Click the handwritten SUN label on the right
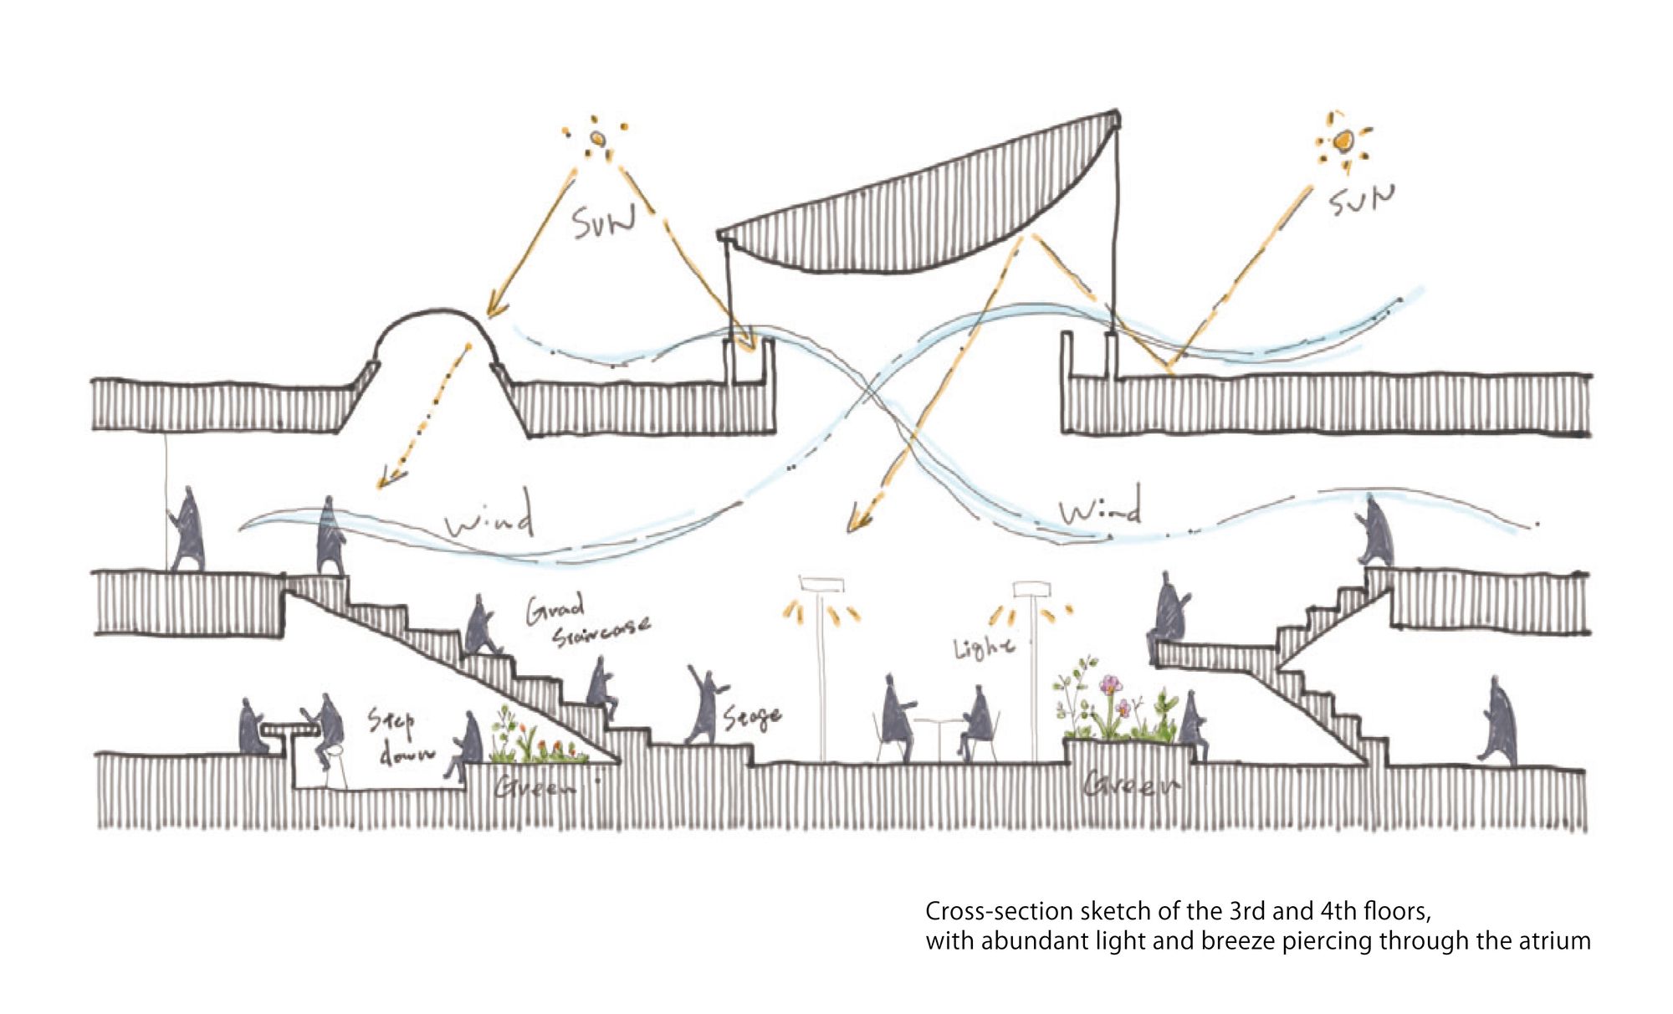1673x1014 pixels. tap(1363, 199)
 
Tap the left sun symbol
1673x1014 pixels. tap(597, 139)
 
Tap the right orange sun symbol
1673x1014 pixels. tap(1342, 142)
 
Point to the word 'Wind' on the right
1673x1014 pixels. tap(1099, 506)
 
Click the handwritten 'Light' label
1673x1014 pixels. tap(985, 647)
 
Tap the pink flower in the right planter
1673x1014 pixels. tap(1110, 684)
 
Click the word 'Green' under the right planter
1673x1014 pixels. tap(1129, 786)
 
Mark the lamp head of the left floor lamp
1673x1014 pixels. tap(821, 583)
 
